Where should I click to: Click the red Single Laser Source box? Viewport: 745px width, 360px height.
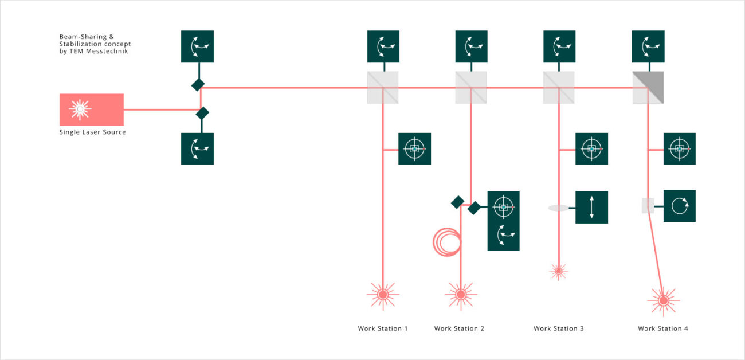point(92,109)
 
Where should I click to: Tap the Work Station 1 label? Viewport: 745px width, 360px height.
point(383,328)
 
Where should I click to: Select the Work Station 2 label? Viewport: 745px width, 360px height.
point(459,328)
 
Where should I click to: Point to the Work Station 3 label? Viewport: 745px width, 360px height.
point(559,328)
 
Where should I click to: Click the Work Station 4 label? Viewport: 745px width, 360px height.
point(663,328)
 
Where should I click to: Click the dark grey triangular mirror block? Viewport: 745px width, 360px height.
point(648,88)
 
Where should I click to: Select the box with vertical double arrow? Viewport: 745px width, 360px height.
point(591,207)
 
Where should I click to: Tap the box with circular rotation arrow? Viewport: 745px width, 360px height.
point(679,206)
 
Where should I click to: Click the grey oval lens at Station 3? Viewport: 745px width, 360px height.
point(558,208)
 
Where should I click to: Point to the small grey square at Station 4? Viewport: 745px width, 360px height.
point(648,206)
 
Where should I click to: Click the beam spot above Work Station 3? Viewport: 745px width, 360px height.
point(558,271)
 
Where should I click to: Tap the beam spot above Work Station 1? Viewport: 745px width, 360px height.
point(383,295)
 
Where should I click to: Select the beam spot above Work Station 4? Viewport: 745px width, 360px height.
point(663,300)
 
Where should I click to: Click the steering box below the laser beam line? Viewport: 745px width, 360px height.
point(197,149)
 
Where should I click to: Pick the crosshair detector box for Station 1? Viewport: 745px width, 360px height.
point(414,149)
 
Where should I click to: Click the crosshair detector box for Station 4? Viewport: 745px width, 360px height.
point(679,149)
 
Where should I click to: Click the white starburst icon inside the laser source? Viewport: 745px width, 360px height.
point(80,109)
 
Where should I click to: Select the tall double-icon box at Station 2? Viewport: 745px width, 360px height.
point(503,221)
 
